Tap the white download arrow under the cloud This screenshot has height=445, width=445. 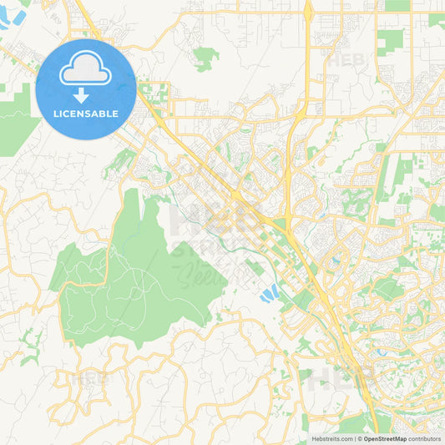point(86,94)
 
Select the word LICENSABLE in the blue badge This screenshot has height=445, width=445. point(86,114)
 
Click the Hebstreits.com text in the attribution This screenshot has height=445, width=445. point(331,438)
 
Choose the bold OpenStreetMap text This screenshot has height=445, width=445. point(385,438)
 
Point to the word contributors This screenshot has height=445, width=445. point(424,438)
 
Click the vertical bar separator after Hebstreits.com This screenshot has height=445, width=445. point(355,438)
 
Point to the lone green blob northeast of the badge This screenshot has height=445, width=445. point(205,57)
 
